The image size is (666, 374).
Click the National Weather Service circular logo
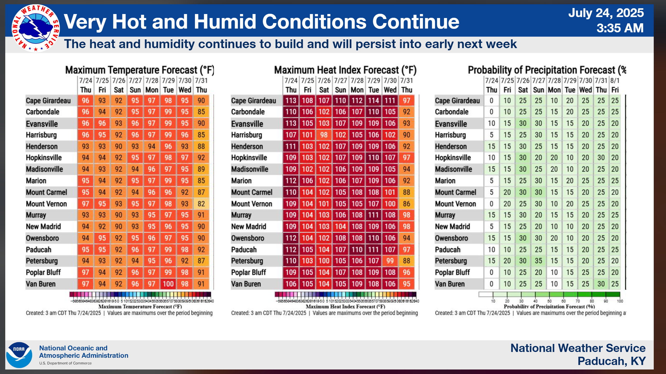click(36, 28)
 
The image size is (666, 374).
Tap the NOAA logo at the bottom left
click(19, 355)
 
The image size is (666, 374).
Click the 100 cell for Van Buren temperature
click(168, 284)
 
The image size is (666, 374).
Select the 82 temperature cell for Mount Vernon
click(201, 204)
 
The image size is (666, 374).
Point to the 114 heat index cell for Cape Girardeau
click(374, 100)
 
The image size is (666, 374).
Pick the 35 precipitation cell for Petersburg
click(538, 261)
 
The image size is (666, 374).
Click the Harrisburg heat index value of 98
click(324, 135)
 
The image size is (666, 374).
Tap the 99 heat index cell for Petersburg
click(390, 261)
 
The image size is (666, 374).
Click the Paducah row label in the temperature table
click(39, 250)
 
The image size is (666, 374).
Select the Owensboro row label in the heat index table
click(247, 238)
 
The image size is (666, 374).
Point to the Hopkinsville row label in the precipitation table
click(453, 158)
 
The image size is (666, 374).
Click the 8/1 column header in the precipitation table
click(615, 80)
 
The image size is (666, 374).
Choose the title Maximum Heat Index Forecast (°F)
click(345, 70)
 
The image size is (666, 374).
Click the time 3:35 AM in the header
click(620, 28)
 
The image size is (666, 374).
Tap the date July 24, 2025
click(606, 13)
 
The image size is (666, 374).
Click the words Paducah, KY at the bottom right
click(611, 361)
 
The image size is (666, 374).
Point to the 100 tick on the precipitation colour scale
click(620, 301)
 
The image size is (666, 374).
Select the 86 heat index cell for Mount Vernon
click(406, 204)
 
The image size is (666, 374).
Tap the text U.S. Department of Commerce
click(65, 363)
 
